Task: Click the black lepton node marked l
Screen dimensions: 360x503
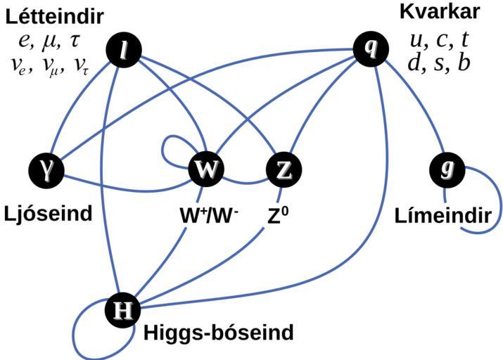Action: tap(124, 50)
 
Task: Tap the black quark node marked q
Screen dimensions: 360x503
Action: tap(371, 48)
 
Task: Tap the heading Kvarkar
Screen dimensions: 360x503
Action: tap(440, 12)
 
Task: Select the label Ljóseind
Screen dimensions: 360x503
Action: tap(48, 213)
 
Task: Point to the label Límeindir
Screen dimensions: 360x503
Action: tap(442, 215)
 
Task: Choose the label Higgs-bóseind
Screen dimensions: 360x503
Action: tap(218, 333)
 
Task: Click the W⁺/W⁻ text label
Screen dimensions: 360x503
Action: tap(209, 215)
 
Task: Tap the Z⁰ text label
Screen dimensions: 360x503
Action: tap(279, 214)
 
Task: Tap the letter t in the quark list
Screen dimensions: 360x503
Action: tap(464, 39)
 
